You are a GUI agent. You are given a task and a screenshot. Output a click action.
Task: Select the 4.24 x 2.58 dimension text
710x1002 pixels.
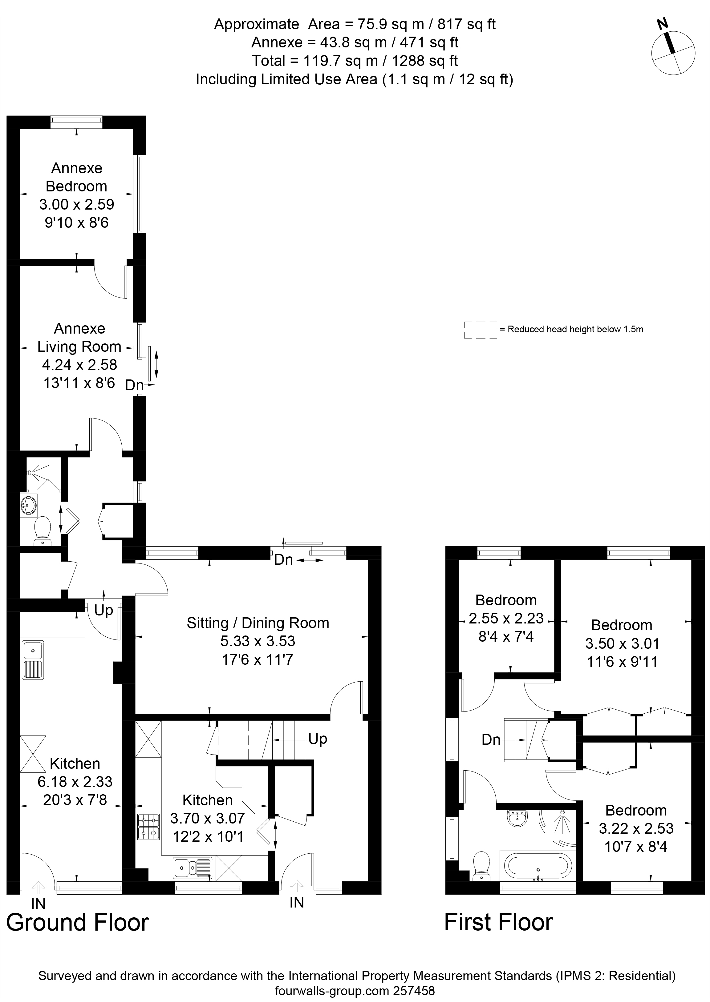(x=79, y=364)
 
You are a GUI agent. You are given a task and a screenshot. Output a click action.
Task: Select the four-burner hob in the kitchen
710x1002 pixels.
(x=148, y=827)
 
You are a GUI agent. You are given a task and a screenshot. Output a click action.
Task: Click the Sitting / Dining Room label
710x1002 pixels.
(x=258, y=623)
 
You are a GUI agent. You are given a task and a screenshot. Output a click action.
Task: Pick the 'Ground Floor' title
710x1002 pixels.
(x=77, y=923)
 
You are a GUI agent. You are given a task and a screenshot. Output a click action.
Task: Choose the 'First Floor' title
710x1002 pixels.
(x=499, y=923)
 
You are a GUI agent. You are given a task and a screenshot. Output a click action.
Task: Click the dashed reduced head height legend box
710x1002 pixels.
(x=481, y=330)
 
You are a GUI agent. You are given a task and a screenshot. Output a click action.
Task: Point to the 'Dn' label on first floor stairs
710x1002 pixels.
(x=491, y=739)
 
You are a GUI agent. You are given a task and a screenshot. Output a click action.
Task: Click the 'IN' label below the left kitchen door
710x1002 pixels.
(x=39, y=903)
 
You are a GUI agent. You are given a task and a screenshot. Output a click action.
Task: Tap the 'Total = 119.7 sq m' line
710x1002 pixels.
(x=355, y=60)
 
